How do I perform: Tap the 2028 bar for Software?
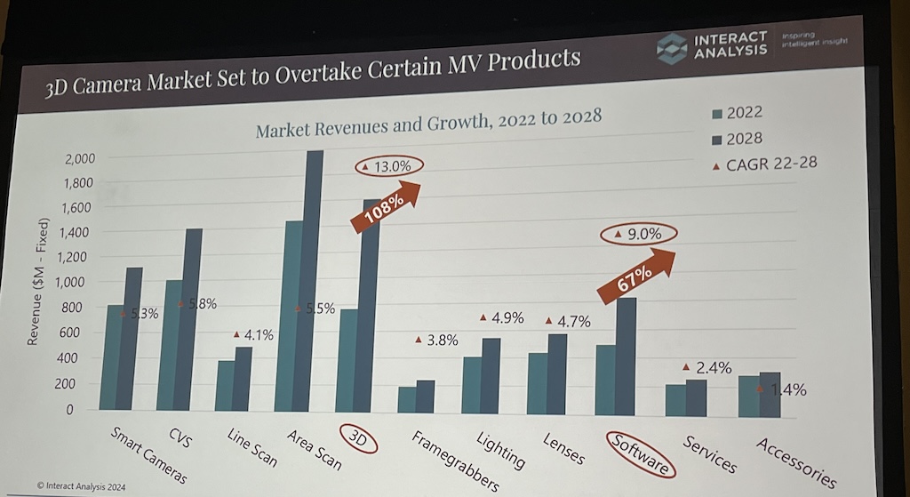point(625,356)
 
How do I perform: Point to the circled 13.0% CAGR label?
point(388,166)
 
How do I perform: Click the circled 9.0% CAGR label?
point(638,235)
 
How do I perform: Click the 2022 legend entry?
point(736,112)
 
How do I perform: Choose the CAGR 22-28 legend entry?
point(765,163)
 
